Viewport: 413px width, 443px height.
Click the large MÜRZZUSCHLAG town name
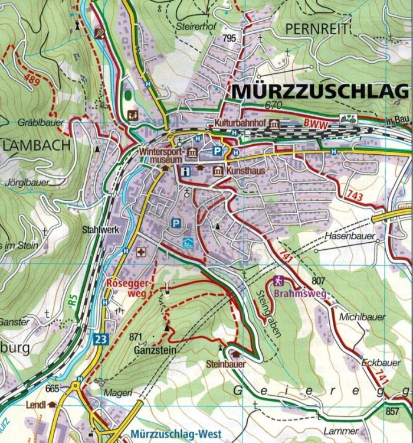319,92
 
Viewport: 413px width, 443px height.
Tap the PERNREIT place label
317,28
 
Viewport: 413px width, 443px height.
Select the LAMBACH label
37,145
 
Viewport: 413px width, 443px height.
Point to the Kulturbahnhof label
238,124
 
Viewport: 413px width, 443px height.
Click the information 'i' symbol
186,171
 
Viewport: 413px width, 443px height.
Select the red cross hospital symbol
141,252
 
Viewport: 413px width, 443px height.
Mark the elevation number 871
136,337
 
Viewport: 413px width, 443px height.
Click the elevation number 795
229,38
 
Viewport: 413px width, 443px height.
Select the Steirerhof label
194,27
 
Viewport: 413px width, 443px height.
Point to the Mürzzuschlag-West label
176,434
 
